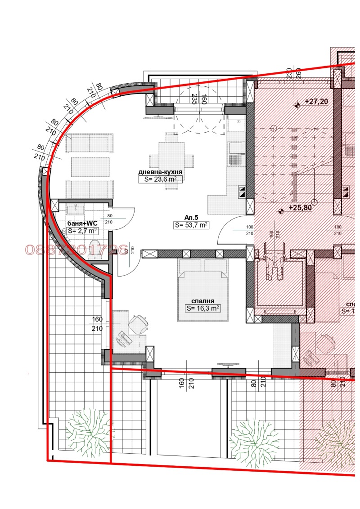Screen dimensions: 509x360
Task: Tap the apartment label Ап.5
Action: point(191,216)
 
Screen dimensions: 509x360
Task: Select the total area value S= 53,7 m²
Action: point(191,225)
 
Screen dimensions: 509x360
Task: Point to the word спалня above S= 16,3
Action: point(202,301)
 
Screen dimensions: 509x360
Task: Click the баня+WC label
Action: point(82,223)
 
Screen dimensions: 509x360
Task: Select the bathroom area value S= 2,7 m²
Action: point(82,231)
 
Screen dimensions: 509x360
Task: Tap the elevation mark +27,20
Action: point(316,102)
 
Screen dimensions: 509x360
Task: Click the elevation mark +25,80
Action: point(300,208)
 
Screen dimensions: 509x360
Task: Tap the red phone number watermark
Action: point(76,250)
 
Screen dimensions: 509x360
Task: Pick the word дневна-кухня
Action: point(161,172)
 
